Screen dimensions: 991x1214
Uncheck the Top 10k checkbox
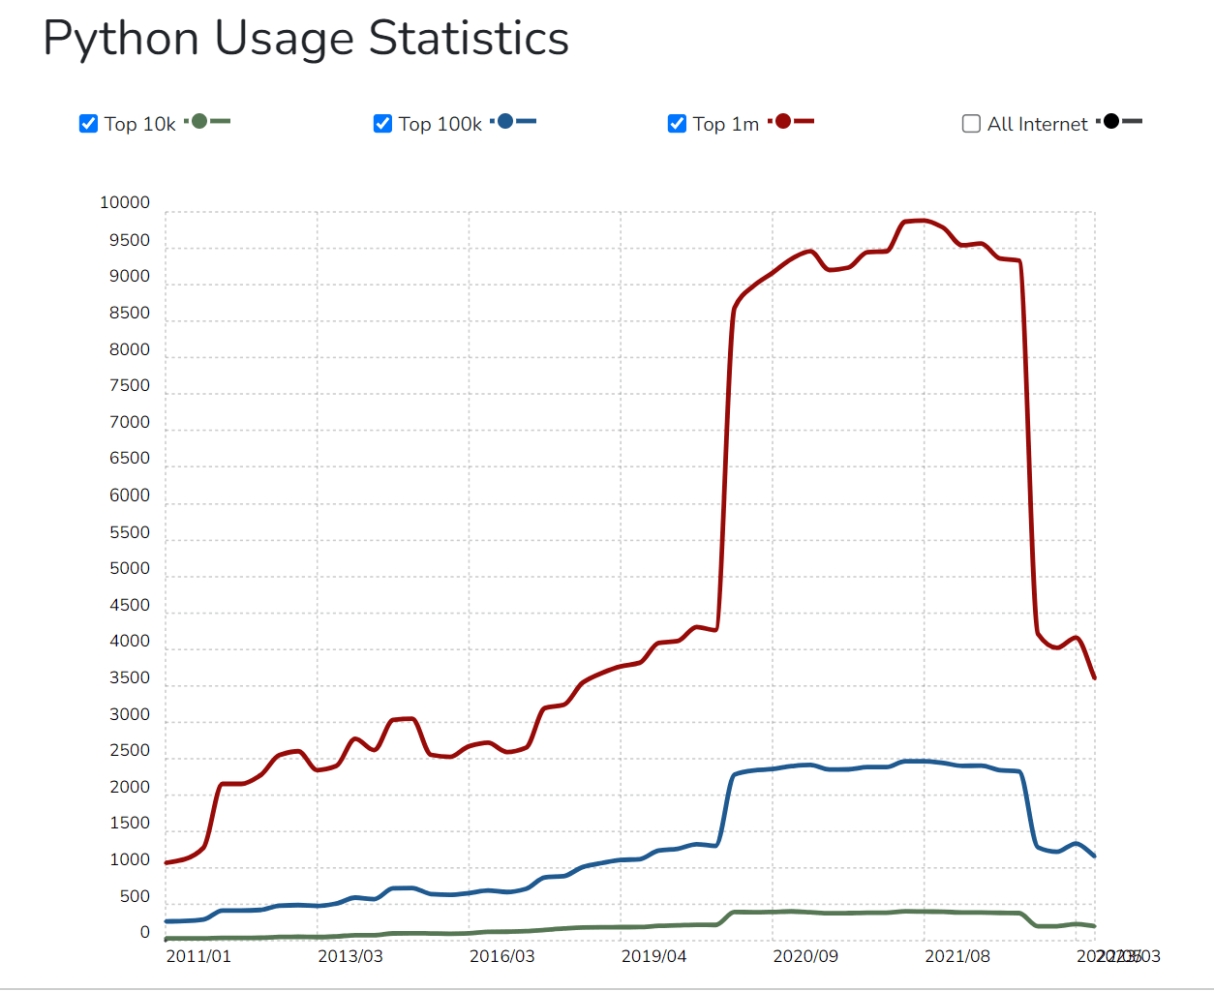tap(88, 124)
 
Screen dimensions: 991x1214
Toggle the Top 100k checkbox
tap(382, 124)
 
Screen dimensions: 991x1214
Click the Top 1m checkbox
tap(677, 124)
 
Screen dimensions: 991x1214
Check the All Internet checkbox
tap(971, 124)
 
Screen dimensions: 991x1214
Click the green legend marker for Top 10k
tap(199, 121)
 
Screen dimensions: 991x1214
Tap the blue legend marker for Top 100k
tap(505, 121)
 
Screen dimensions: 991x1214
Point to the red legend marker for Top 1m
tap(783, 121)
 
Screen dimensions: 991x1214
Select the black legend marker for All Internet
tap(1111, 121)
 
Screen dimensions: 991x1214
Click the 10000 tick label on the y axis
tap(125, 202)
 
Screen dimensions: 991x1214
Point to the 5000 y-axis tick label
tap(130, 568)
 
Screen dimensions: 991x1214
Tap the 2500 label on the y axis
tap(130, 750)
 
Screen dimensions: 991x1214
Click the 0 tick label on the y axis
tap(145, 932)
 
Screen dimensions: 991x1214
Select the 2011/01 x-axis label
tap(198, 956)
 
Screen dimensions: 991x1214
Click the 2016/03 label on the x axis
tap(501, 956)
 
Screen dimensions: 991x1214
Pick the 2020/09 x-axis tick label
tap(805, 956)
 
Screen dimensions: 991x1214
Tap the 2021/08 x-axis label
tap(957, 956)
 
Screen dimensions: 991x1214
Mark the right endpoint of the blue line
tap(1094, 856)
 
